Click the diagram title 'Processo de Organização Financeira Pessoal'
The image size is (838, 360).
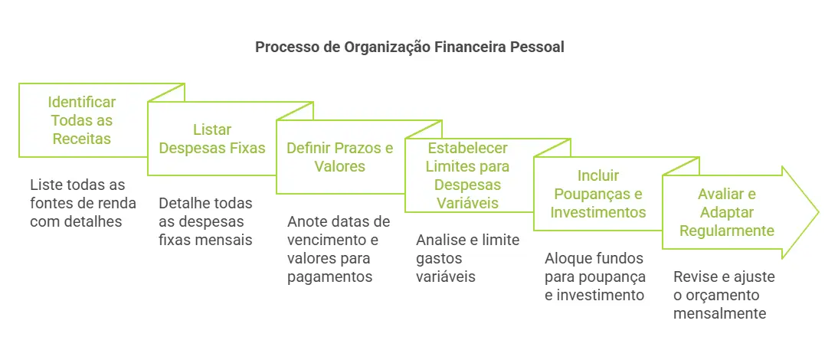[409, 47]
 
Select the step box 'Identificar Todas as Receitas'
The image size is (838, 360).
[82, 120]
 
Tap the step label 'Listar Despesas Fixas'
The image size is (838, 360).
[211, 139]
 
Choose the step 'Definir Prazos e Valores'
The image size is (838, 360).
[340, 156]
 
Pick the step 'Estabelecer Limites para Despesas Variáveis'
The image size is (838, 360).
[468, 175]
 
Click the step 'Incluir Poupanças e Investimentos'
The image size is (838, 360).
[598, 194]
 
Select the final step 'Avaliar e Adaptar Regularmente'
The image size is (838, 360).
[725, 212]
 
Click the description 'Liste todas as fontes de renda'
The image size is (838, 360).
[83, 203]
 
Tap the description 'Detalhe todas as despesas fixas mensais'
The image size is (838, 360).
[205, 221]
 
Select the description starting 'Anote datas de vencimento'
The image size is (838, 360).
[339, 249]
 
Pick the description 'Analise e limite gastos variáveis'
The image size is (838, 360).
[467, 258]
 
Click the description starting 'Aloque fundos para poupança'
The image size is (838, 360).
[595, 276]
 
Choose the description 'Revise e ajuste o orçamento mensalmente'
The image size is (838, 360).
[724, 295]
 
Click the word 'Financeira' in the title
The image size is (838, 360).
[466, 47]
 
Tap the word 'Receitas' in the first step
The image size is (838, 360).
[82, 139]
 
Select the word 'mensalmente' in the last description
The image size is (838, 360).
[719, 313]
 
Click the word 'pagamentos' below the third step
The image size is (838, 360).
[330, 277]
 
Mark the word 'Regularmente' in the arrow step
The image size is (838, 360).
[725, 231]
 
